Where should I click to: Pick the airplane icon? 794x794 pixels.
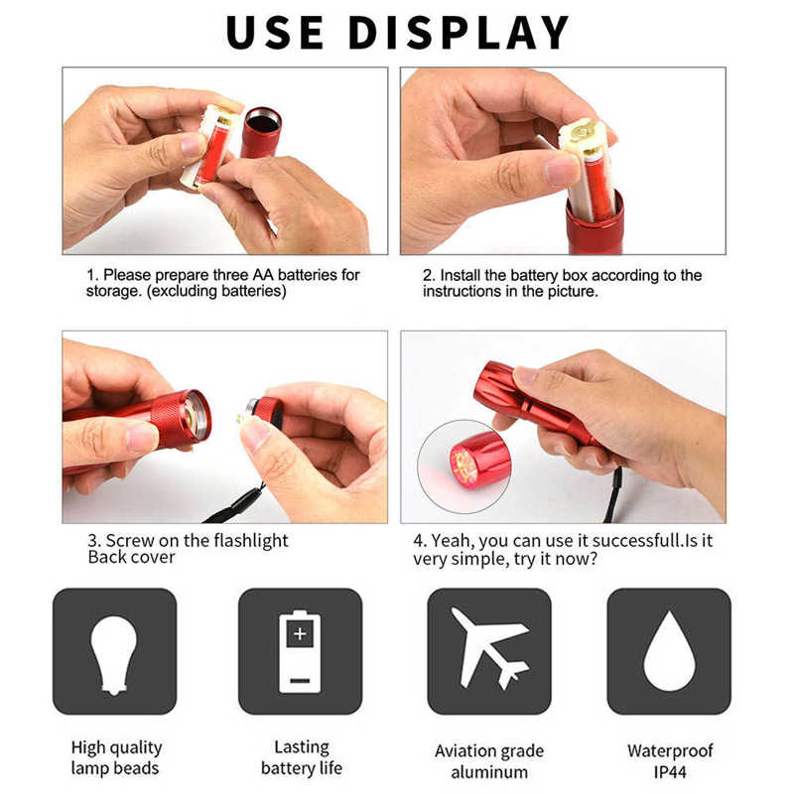click(x=488, y=650)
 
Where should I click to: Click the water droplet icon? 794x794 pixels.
click(x=669, y=651)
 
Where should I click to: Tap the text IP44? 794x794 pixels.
click(x=669, y=772)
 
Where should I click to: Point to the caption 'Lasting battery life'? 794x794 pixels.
click(x=301, y=757)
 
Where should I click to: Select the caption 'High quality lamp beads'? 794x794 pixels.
click(x=115, y=757)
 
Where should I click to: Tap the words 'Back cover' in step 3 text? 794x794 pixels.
click(x=131, y=557)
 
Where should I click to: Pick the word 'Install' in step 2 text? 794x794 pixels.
click(x=464, y=275)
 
